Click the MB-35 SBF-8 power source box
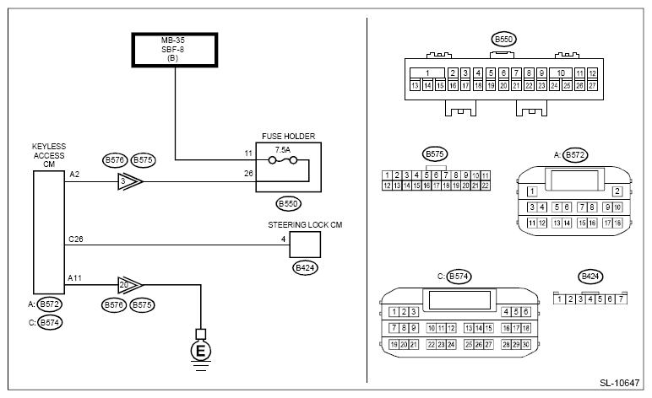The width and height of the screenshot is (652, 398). click(x=174, y=49)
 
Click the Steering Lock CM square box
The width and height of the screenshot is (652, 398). click(x=307, y=245)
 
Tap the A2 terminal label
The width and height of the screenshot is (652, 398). click(x=74, y=174)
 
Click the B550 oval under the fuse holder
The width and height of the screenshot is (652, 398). click(x=290, y=203)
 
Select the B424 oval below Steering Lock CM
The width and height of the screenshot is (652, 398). click(x=306, y=268)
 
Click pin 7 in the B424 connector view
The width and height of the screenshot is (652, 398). click(x=622, y=299)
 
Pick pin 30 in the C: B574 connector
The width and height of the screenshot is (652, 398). click(x=527, y=344)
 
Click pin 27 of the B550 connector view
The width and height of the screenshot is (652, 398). click(x=592, y=85)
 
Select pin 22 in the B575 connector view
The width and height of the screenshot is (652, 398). click(x=486, y=186)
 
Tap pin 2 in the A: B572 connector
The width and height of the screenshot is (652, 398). click(x=617, y=191)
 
